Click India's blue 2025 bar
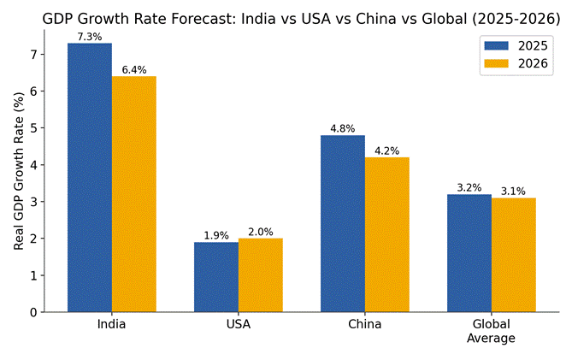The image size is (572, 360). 90,178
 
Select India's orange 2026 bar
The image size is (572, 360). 134,194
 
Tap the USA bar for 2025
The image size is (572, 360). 216,277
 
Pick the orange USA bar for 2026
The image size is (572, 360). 261,275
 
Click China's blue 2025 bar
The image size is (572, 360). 343,223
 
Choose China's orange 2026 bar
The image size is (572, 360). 387,235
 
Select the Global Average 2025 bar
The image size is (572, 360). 469,253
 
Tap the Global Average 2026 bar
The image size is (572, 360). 514,255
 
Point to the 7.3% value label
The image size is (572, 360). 90,37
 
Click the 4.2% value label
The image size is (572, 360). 387,151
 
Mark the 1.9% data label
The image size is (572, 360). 216,236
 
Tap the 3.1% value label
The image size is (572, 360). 513,192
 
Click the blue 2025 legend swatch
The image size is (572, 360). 496,45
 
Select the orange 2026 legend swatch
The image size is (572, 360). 496,63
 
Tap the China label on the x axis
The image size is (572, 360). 365,324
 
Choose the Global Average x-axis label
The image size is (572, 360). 492,331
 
